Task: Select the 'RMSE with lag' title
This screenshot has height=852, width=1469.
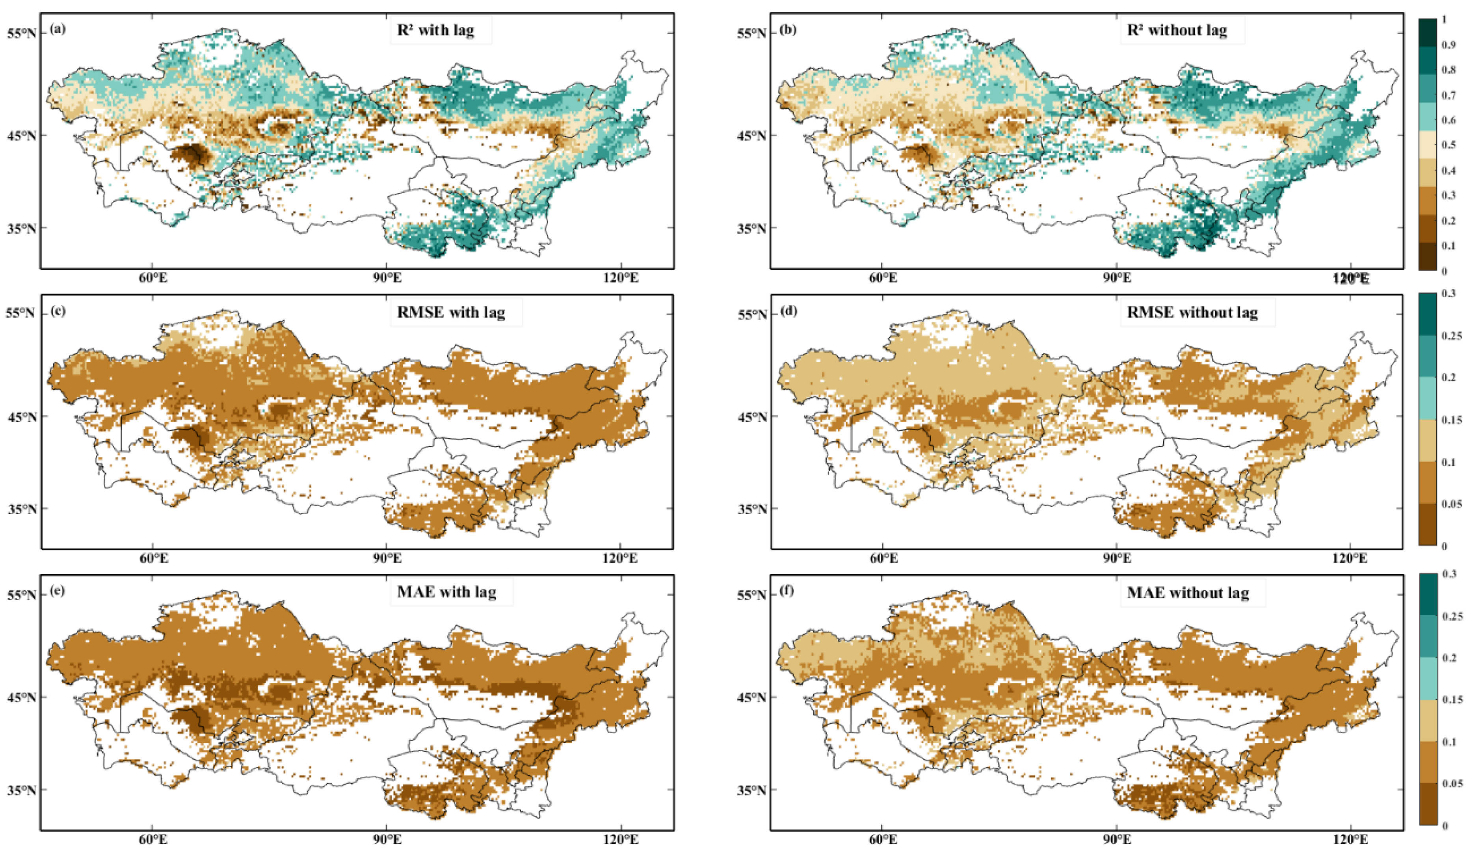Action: tap(451, 312)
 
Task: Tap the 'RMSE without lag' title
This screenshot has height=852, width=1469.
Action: tap(1192, 312)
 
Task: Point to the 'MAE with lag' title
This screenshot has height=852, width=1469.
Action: tap(446, 592)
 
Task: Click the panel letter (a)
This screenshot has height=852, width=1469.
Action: tap(58, 28)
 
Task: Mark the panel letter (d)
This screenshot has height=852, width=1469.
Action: tap(788, 310)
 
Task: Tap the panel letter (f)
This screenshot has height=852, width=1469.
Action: tap(787, 591)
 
